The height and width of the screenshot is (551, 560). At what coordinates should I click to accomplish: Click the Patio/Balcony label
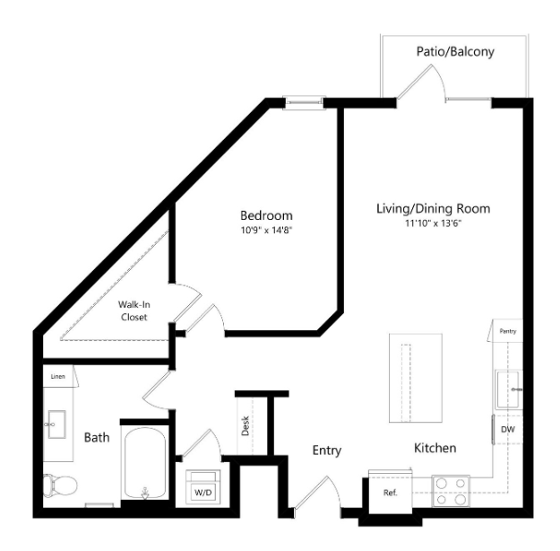pos(454,52)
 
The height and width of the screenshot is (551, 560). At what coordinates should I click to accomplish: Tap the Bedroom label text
pos(265,216)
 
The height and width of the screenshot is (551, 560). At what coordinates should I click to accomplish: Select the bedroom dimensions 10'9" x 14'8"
pos(265,231)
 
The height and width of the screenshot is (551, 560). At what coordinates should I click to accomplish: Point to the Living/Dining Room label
pos(433,208)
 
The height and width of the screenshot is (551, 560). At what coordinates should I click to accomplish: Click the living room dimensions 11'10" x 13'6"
pos(433,223)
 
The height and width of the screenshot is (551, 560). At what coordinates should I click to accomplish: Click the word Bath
pos(97,438)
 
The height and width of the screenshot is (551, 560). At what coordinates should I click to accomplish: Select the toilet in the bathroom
pos(59,485)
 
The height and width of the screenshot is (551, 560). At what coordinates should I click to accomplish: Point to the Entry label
pos(327,450)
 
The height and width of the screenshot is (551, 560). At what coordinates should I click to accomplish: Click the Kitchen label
pos(435,447)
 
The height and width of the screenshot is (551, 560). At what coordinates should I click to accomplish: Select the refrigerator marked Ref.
pos(390,494)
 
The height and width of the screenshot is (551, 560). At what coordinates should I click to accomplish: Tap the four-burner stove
pos(451,489)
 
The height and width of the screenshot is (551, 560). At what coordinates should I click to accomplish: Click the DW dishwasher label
pos(508,430)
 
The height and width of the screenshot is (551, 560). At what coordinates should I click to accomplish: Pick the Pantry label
pos(507,331)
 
